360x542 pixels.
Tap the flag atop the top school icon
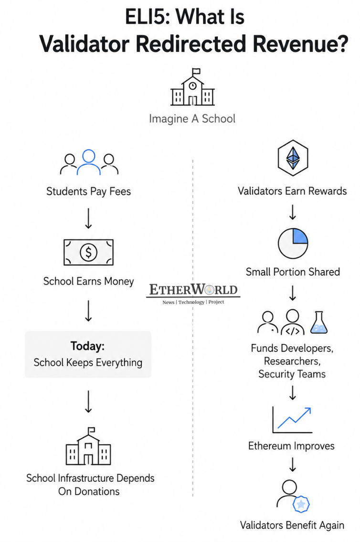pyautogui.click(x=196, y=71)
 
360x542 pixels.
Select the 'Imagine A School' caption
pyautogui.click(x=192, y=119)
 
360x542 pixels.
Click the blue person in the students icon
pyautogui.click(x=89, y=162)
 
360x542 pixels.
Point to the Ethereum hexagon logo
pyautogui.click(x=293, y=158)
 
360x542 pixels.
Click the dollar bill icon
pyautogui.click(x=88, y=252)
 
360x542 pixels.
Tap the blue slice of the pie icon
pyautogui.click(x=300, y=235)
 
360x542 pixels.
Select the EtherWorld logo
pyautogui.click(x=193, y=294)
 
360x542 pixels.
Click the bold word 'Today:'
pyautogui.click(x=87, y=346)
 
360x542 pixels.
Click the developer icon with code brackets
pyautogui.click(x=293, y=322)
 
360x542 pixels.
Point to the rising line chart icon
pyautogui.click(x=292, y=420)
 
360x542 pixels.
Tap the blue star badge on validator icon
pyautogui.click(x=301, y=504)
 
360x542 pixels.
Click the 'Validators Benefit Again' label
pyautogui.click(x=292, y=525)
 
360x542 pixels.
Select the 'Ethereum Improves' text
pyautogui.click(x=291, y=446)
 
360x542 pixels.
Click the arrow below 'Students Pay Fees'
pyautogui.click(x=88, y=218)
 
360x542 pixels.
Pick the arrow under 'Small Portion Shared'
pyautogui.click(x=293, y=293)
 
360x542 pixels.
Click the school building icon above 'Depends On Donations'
pyautogui.click(x=88, y=446)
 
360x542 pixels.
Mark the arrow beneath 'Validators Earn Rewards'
pyautogui.click(x=293, y=212)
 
